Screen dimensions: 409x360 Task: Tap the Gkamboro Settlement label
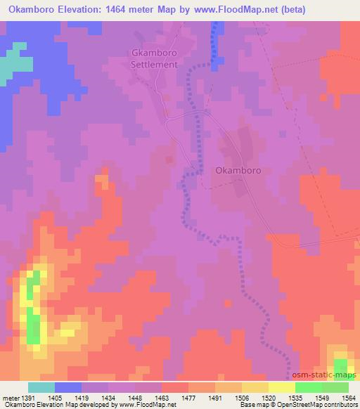click(x=156, y=58)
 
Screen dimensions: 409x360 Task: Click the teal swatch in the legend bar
click(x=41, y=387)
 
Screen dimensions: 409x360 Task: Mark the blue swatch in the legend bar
click(x=67, y=387)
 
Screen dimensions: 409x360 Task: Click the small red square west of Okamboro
click(x=169, y=160)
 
